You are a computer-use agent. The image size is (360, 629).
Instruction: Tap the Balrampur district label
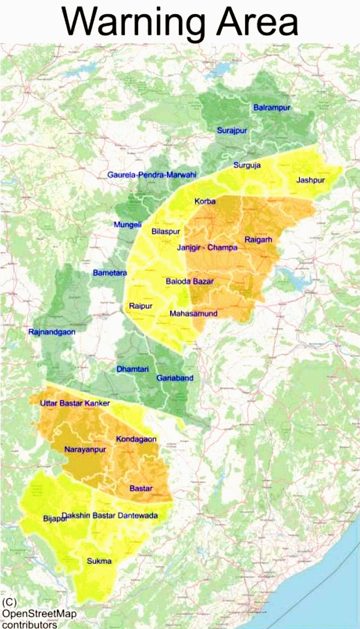272,108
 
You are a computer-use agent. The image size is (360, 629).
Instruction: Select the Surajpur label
232,131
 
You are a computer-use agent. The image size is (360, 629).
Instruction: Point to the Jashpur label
311,180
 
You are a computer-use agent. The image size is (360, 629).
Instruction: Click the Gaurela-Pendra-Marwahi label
151,175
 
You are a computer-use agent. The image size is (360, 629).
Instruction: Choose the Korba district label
205,201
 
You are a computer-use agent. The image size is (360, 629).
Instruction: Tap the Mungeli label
127,224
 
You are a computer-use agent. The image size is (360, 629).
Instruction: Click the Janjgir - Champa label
207,247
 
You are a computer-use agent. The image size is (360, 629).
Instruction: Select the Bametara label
110,272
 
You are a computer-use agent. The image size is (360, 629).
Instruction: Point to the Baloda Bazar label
189,282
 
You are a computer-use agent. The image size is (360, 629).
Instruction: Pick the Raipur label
141,306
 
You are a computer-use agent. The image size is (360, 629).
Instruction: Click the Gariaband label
174,378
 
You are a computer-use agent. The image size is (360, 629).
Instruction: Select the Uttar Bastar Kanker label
75,403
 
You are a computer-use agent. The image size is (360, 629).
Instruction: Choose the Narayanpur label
85,449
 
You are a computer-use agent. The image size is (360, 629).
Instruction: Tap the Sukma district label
99,561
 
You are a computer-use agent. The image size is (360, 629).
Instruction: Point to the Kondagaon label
136,439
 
